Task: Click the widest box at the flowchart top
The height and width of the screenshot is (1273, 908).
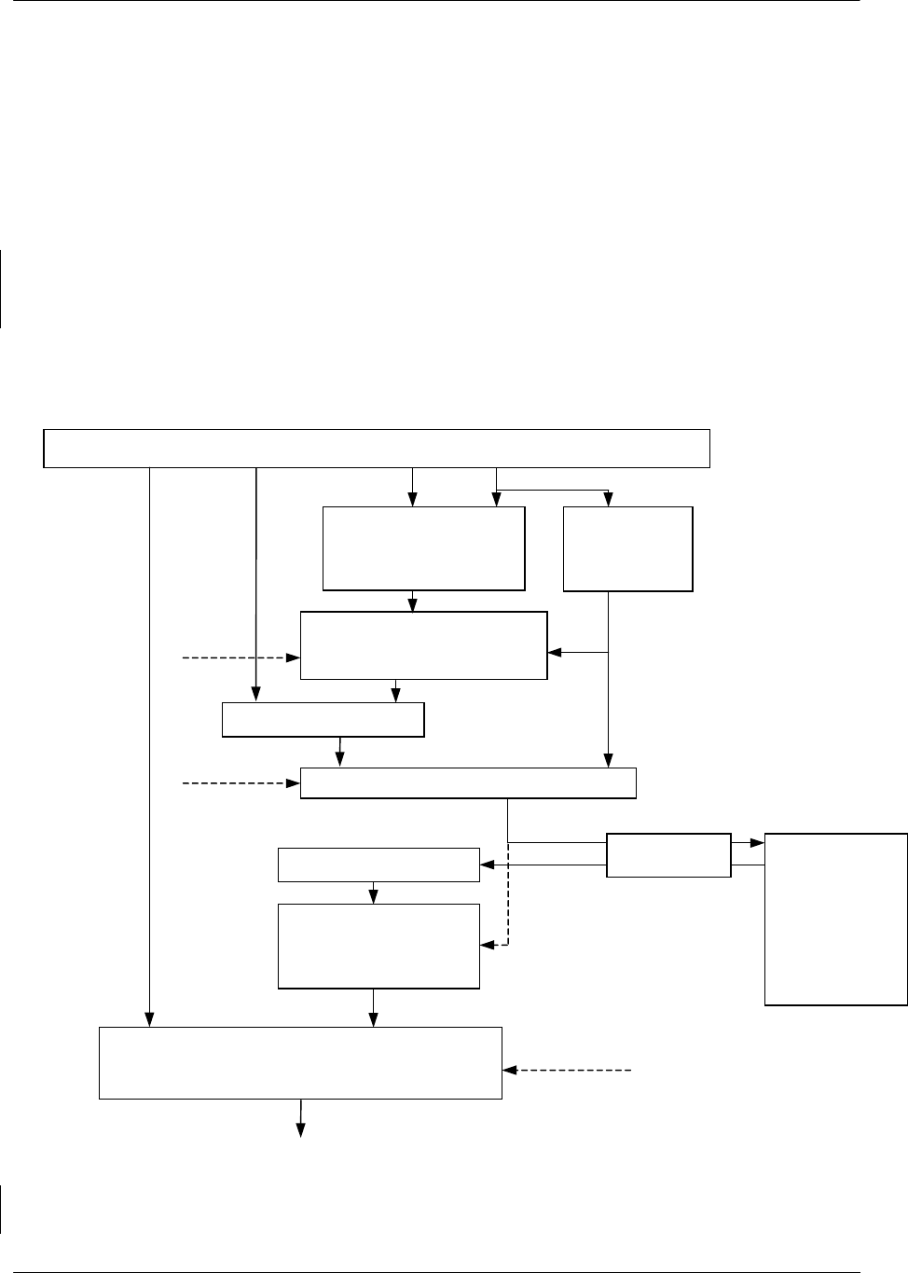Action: pos(377,449)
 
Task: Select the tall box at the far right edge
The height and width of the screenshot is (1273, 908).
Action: pos(835,919)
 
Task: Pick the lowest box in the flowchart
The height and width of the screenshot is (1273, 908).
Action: pos(300,1063)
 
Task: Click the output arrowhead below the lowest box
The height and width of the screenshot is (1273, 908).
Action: pos(300,1131)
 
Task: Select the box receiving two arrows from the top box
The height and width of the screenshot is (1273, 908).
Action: pos(423,548)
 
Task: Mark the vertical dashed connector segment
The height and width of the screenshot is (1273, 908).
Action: pos(507,895)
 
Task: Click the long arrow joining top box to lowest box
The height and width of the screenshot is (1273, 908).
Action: pos(149,746)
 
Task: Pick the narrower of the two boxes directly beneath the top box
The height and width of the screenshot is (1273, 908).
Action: pos(627,548)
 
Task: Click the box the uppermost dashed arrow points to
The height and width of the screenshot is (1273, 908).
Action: pos(423,645)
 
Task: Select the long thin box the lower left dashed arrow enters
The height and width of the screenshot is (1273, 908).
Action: pos(468,783)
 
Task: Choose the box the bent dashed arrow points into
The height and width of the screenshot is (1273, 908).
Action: pos(378,946)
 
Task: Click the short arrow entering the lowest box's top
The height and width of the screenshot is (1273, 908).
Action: pos(374,1009)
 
